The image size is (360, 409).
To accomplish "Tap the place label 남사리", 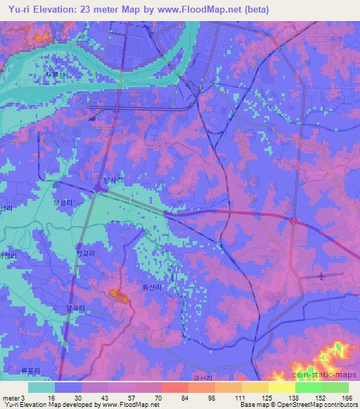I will point(113,181).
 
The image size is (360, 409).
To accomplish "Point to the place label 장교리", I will point(84,253).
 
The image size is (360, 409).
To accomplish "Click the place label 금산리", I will point(202,377).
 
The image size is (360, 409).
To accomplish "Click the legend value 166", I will point(347,397).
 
